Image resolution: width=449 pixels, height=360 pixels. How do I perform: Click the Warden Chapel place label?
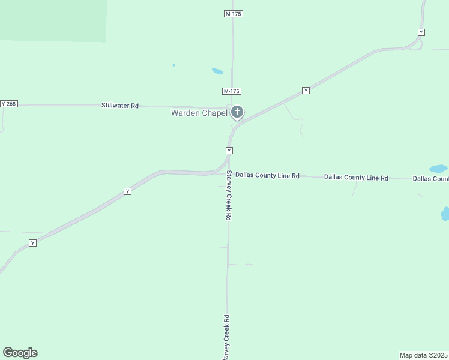(199, 113)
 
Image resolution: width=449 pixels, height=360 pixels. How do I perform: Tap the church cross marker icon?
(237, 112)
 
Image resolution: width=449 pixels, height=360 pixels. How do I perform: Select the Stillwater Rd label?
(119, 106)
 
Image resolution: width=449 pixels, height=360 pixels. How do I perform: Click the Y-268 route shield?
(9, 104)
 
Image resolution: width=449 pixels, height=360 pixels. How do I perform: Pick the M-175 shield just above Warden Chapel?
(231, 91)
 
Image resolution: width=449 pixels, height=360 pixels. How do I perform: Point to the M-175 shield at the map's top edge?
(234, 14)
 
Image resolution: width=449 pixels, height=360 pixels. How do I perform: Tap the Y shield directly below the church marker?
(229, 150)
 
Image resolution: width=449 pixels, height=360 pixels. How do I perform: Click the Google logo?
(20, 353)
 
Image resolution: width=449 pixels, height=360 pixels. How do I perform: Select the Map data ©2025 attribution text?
(424, 355)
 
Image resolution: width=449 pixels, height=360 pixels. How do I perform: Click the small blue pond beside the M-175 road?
(217, 71)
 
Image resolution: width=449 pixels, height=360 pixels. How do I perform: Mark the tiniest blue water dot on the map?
(173, 65)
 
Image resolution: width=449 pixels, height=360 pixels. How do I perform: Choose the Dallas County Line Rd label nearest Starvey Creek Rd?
(267, 176)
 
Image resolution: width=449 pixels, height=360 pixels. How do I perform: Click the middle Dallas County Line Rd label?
(356, 178)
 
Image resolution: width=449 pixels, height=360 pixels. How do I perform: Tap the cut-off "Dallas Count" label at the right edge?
(430, 179)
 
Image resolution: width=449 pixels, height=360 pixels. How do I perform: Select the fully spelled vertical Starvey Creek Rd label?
(228, 196)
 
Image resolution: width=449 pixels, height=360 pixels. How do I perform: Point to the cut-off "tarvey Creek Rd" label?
(226, 337)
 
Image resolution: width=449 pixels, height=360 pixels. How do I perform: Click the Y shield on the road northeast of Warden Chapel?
(306, 91)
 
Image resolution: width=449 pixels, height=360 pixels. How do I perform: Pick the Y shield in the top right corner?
(421, 32)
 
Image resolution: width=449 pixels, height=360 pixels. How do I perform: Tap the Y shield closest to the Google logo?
(32, 243)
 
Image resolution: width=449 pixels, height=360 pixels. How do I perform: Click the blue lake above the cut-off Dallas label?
(438, 169)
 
